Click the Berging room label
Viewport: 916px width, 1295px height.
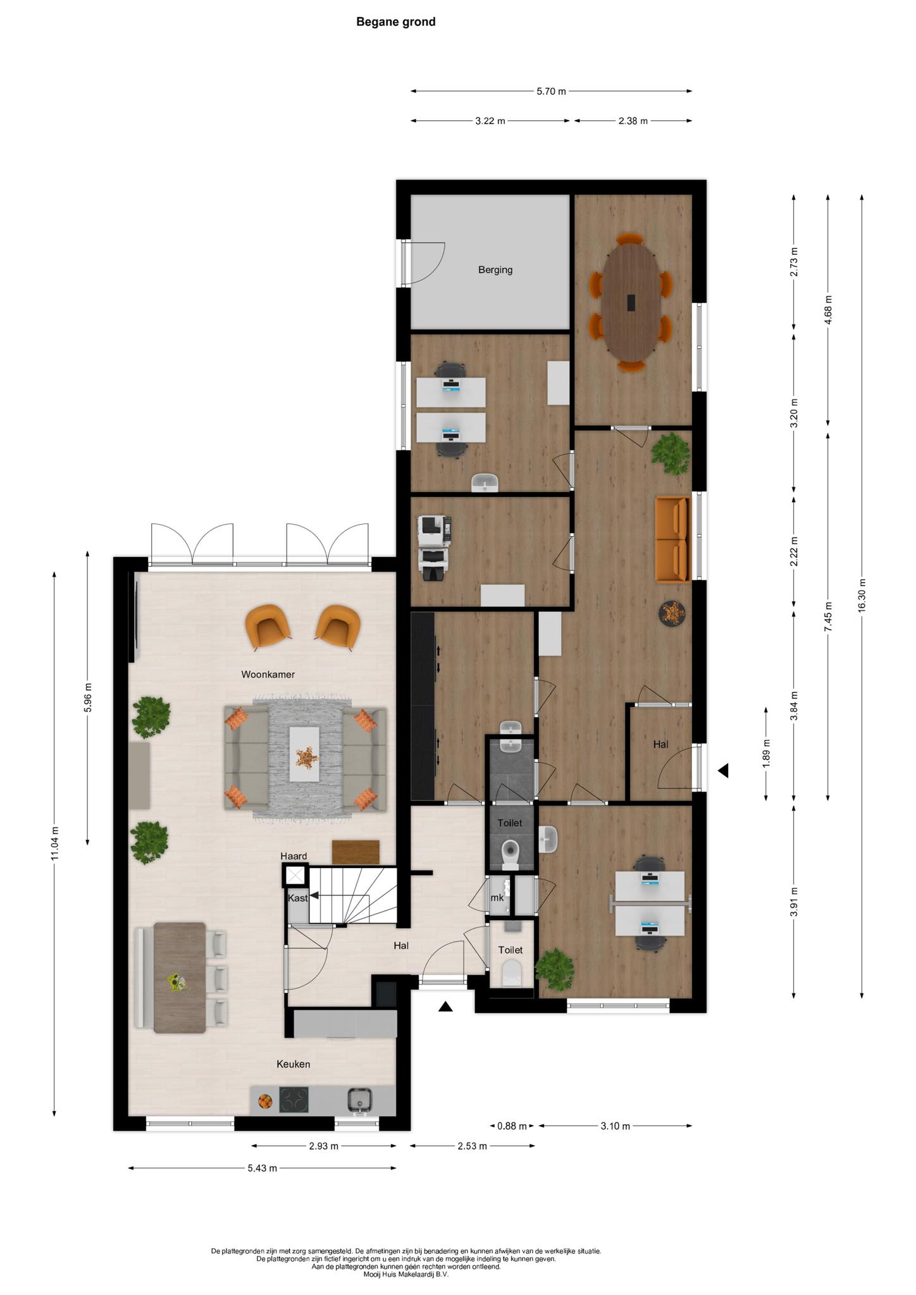pyautogui.click(x=495, y=270)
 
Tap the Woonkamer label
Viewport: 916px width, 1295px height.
pyautogui.click(x=268, y=675)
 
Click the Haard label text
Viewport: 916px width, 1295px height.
pyautogui.click(x=294, y=856)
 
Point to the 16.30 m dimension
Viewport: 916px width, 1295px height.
pyautogui.click(x=862, y=595)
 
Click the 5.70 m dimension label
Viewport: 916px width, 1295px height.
pyautogui.click(x=551, y=91)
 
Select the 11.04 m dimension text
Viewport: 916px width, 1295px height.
pyautogui.click(x=55, y=844)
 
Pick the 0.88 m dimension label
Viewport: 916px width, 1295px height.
pyautogui.click(x=512, y=1126)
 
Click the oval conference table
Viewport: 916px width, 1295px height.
pyautogui.click(x=631, y=302)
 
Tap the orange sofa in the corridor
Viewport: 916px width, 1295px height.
pyautogui.click(x=672, y=539)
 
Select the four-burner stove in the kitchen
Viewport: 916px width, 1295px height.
pyautogui.click(x=294, y=1100)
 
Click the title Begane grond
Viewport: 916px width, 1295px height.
pyautogui.click(x=396, y=22)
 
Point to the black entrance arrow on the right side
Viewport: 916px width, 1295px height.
pyautogui.click(x=723, y=771)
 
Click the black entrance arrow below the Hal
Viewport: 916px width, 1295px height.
pyautogui.click(x=445, y=1007)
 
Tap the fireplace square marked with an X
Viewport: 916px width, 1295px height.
pyautogui.click(x=295, y=876)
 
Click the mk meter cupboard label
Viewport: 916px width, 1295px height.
pyautogui.click(x=497, y=898)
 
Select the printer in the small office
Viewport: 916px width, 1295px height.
pyautogui.click(x=436, y=548)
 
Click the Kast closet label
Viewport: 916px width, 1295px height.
pyautogui.click(x=298, y=898)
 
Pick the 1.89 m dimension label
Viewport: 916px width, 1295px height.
pyautogui.click(x=766, y=754)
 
